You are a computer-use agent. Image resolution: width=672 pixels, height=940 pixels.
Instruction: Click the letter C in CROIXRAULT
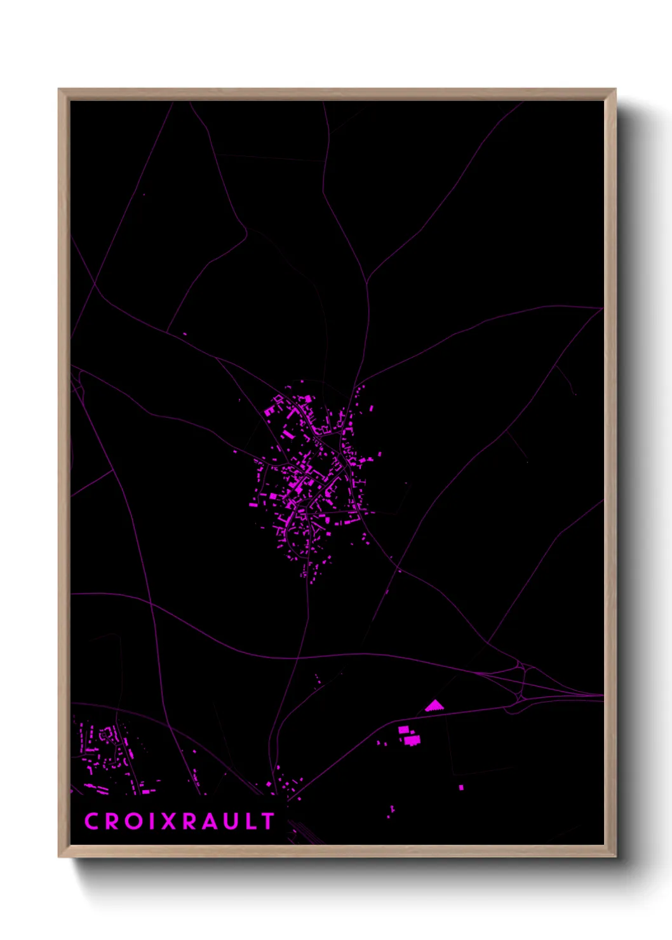click(x=92, y=821)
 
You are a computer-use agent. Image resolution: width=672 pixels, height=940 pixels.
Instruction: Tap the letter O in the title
click(x=131, y=821)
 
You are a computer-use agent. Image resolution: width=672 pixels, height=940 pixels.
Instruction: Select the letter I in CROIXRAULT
click(x=149, y=821)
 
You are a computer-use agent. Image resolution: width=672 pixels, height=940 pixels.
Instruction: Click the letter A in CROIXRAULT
click(x=208, y=821)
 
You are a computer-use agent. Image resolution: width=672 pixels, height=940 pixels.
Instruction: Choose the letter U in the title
click(x=230, y=821)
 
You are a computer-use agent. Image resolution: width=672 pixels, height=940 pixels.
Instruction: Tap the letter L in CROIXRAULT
click(x=250, y=821)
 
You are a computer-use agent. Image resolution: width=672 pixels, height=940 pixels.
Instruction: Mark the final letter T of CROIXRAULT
click(x=267, y=821)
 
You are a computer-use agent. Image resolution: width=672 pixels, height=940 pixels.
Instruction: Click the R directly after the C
click(x=111, y=821)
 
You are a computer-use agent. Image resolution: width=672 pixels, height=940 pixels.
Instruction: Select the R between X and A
click(x=189, y=821)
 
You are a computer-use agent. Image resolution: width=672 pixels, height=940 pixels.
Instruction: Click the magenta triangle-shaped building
click(x=434, y=706)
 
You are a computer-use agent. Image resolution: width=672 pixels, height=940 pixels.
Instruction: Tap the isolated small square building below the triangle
click(x=461, y=788)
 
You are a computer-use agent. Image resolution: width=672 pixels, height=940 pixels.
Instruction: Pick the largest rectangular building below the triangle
click(x=412, y=740)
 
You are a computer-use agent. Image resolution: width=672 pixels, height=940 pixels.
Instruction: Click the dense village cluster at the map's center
click(x=311, y=476)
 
